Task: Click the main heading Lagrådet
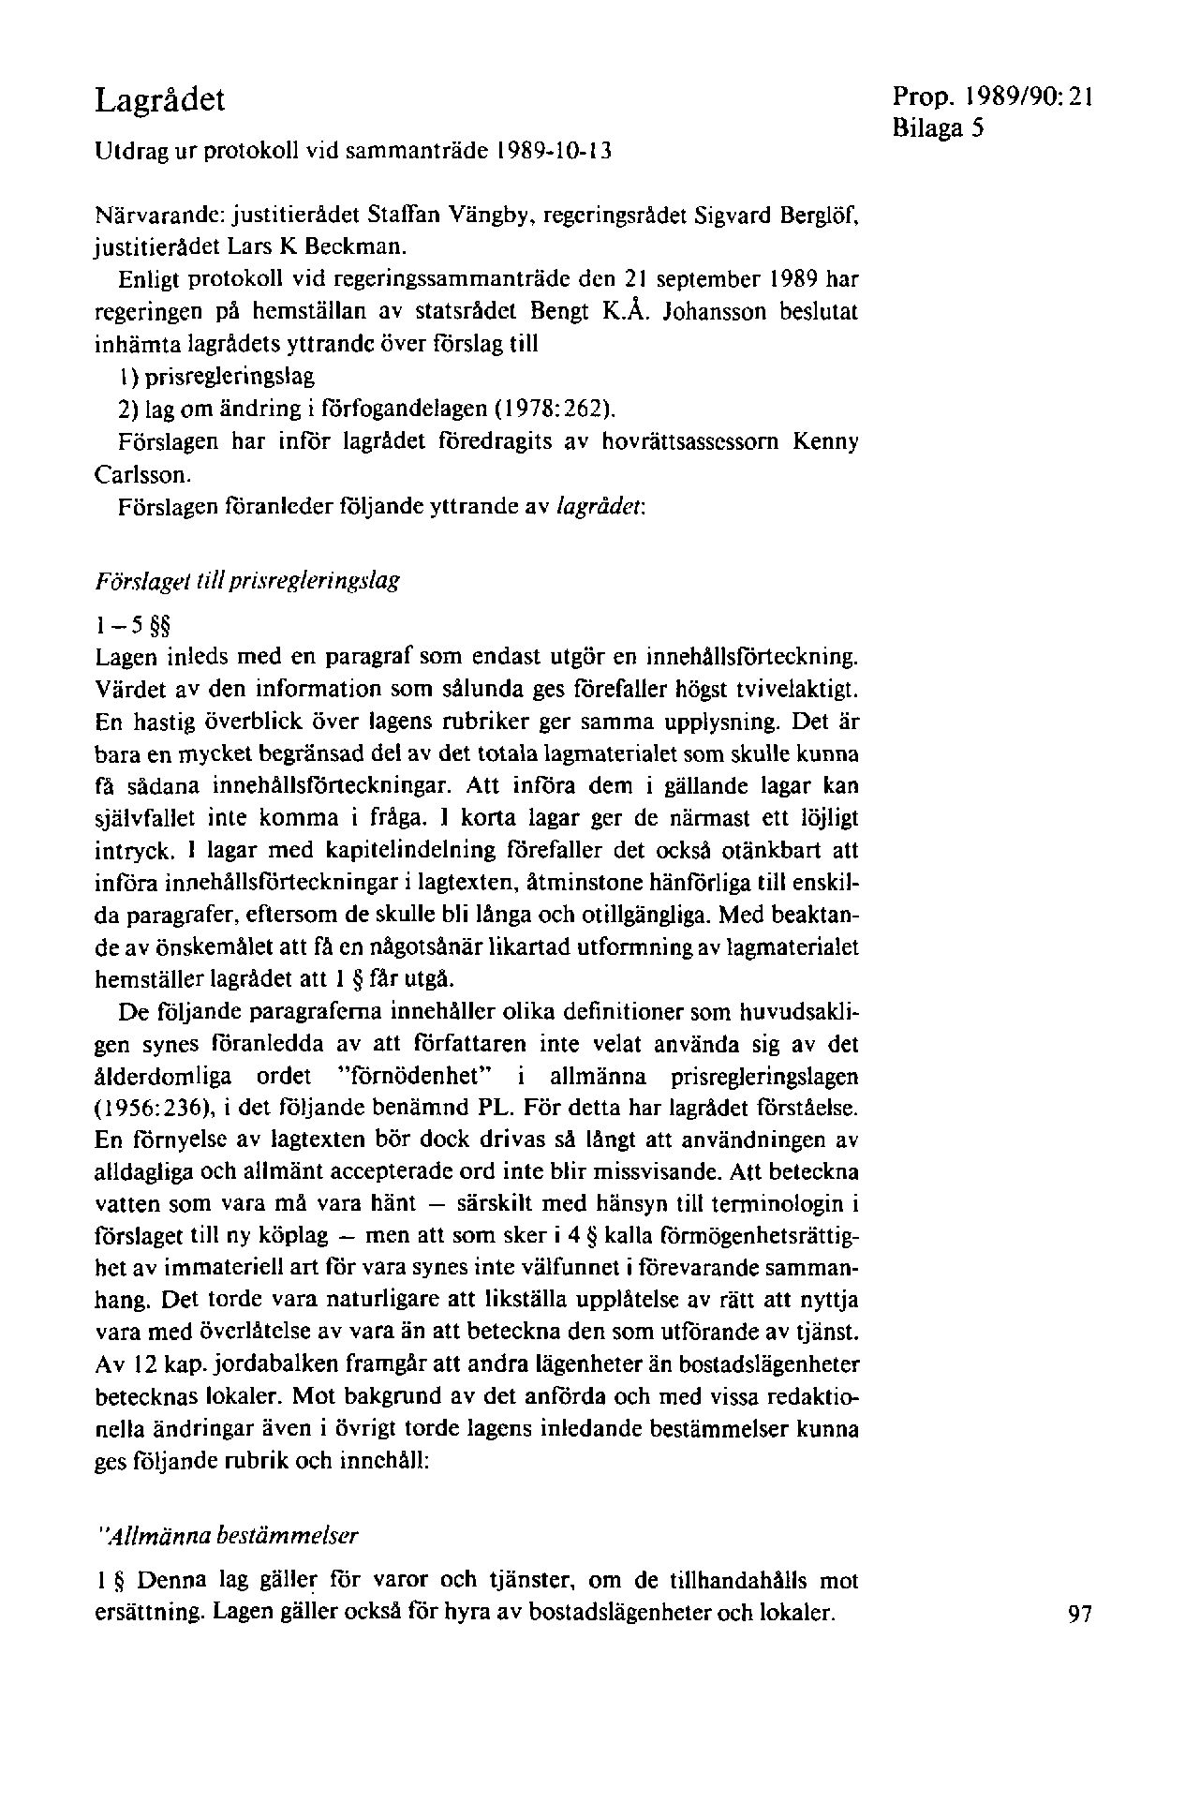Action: pos(160,98)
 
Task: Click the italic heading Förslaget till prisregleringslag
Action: pos(248,580)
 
